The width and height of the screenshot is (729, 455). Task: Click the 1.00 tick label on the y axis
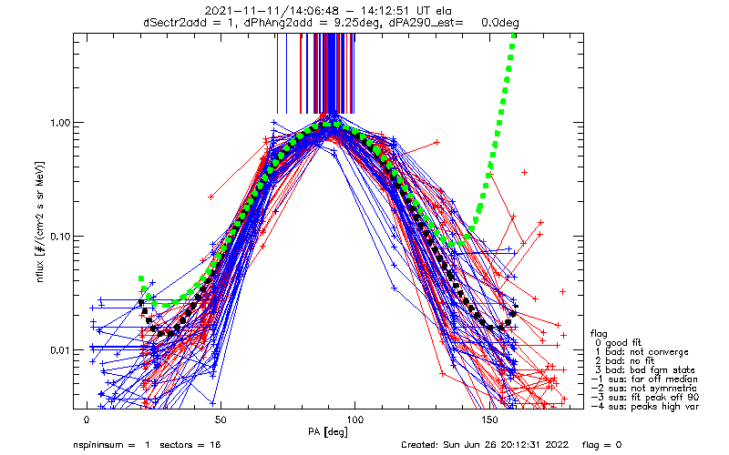[60, 124]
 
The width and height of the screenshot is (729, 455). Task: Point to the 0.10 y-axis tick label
[60, 237]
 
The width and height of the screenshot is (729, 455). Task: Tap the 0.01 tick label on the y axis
[60, 350]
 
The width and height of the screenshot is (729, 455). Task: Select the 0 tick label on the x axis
[87, 420]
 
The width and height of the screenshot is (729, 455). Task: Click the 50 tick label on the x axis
[221, 420]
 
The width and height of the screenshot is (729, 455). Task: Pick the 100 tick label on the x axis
[354, 420]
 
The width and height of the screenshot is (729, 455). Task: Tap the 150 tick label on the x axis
[488, 420]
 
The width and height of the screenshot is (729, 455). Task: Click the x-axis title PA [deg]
[328, 432]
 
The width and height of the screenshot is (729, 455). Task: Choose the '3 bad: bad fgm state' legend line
[644, 370]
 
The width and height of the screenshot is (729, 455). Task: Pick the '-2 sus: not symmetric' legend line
[644, 389]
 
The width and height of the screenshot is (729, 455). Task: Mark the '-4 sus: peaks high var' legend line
[645, 406]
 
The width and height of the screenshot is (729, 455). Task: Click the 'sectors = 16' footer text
[190, 445]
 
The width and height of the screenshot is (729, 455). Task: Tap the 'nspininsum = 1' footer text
[111, 445]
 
